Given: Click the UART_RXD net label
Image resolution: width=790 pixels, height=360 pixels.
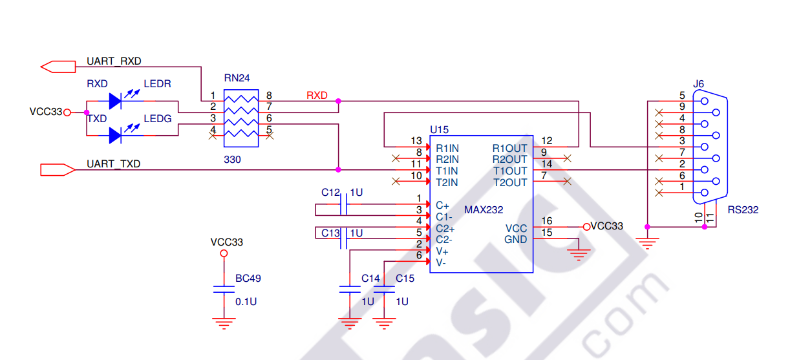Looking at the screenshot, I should tap(114, 61).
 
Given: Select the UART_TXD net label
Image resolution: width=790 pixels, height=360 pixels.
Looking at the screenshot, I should tap(113, 164).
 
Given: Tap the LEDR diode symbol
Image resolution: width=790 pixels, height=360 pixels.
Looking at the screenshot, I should tap(116, 100).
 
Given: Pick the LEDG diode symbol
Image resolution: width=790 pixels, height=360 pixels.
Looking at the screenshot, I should tap(116, 135).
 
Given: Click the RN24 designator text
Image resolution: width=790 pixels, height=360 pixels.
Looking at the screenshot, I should tap(237, 78).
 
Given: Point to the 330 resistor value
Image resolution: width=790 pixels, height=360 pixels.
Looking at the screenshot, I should tap(232, 159).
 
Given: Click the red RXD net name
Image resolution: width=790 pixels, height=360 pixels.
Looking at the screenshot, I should tap(317, 96).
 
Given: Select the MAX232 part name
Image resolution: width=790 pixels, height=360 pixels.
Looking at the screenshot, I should tap(484, 210).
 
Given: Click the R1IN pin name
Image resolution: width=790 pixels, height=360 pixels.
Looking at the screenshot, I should tap(447, 148).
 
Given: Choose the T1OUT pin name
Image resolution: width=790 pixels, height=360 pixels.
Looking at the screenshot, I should tap(510, 171).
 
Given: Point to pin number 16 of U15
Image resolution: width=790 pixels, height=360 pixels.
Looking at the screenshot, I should tap(547, 221).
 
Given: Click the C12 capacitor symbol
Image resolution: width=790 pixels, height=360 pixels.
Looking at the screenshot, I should tap(344, 206).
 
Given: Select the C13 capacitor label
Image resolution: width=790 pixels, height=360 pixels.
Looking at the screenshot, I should tap(330, 233).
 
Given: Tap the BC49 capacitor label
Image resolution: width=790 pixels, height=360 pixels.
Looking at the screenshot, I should tap(248, 279).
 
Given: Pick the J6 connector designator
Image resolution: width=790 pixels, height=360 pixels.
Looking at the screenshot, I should tap(698, 84).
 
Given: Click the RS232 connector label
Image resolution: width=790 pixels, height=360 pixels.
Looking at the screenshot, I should tap(743, 210).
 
